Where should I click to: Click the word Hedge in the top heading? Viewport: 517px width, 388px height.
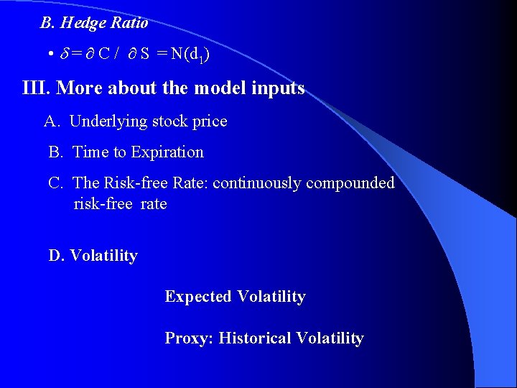(x=83, y=23)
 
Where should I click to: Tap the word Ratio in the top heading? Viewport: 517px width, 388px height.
(x=129, y=23)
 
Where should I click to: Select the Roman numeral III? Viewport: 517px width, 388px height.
(x=36, y=88)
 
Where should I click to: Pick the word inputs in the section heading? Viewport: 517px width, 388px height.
(x=279, y=88)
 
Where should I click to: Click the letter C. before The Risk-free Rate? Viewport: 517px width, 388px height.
(x=56, y=183)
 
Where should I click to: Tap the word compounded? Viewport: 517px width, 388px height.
(x=350, y=183)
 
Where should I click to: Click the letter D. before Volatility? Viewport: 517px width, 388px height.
(x=56, y=256)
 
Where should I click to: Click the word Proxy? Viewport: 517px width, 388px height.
(x=189, y=338)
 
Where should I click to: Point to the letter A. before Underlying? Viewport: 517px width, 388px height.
(x=52, y=121)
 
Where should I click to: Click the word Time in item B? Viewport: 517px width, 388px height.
(x=90, y=152)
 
